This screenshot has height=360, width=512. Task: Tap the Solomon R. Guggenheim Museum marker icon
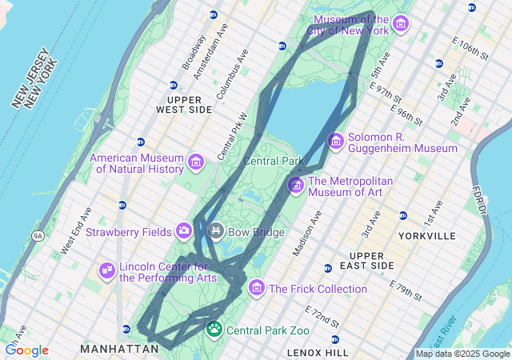point(336,142)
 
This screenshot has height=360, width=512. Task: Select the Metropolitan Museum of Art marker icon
point(296,186)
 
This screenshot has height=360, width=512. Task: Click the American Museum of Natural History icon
point(195,164)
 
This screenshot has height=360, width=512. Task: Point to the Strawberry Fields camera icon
point(185,231)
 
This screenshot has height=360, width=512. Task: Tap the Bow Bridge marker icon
point(215,232)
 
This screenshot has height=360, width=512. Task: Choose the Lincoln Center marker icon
point(106,271)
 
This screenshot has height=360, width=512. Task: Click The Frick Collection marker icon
point(257,288)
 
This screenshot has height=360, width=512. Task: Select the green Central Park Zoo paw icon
point(214,329)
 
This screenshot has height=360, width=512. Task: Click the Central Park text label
point(274,161)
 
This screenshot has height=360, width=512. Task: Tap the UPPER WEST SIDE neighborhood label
point(184,103)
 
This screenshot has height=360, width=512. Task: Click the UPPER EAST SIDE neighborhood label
point(372,260)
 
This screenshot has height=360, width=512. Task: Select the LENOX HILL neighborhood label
point(318,352)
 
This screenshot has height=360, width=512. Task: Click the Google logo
point(26,350)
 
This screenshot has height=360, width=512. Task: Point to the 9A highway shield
point(38,236)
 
